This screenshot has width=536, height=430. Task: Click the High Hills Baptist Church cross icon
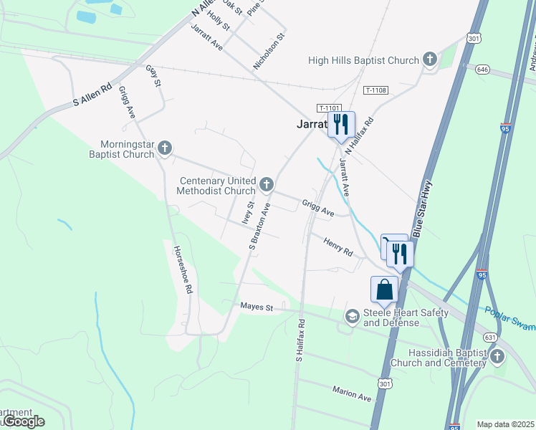click(x=430, y=59)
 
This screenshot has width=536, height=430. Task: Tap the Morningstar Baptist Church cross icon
click(x=165, y=148)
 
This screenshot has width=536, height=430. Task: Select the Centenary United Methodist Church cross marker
click(x=267, y=185)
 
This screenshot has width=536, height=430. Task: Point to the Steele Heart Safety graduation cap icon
click(x=352, y=316)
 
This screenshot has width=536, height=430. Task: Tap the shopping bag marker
click(x=384, y=290)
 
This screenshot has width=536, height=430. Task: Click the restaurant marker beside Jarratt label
click(x=341, y=124)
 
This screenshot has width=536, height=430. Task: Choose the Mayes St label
click(x=257, y=307)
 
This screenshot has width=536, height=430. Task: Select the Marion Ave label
click(x=352, y=393)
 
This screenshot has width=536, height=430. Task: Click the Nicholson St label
click(x=269, y=51)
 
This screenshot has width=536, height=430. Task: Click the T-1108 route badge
click(x=375, y=90)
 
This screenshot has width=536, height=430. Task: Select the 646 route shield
click(x=482, y=70)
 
